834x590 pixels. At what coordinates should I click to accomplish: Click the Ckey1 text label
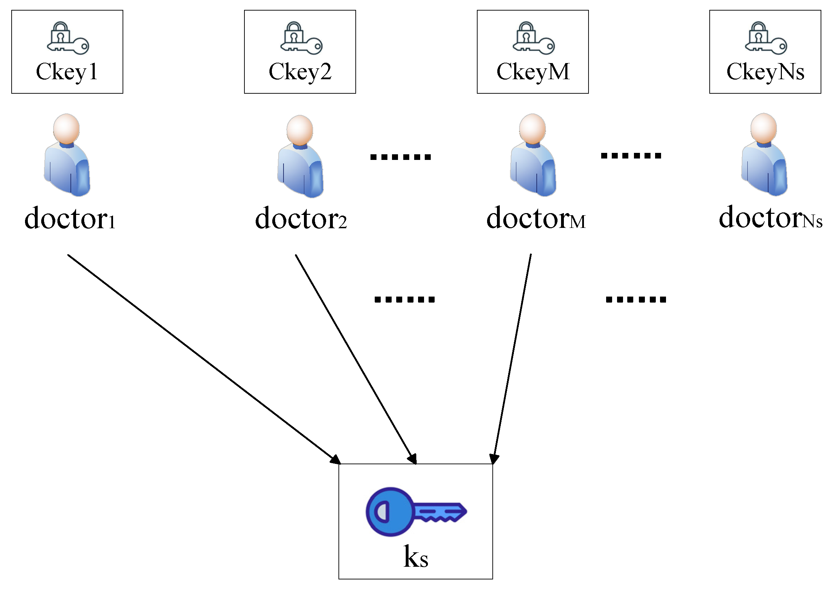[x=67, y=72]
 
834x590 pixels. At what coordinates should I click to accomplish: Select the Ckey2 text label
[x=300, y=72]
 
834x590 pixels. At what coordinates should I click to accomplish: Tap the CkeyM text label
[x=533, y=72]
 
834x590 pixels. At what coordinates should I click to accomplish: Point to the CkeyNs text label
[x=765, y=72]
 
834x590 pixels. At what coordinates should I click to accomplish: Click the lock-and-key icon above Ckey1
[x=68, y=38]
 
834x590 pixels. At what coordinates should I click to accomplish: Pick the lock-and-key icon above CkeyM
[x=534, y=38]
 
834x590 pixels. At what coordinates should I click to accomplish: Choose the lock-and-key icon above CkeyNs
[x=766, y=38]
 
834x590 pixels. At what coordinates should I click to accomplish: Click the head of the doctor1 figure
[x=66, y=129]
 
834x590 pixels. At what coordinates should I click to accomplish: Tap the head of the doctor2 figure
[x=300, y=130]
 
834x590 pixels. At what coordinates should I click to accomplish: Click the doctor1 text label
[x=70, y=218]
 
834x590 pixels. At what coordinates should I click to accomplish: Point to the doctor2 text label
[x=301, y=218]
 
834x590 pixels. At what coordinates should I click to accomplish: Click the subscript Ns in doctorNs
[x=812, y=222]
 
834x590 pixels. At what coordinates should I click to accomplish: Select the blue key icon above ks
[x=416, y=512]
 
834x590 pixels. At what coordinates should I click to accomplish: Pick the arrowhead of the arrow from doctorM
[x=494, y=459]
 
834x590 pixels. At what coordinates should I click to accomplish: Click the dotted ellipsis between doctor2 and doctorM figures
[x=400, y=157]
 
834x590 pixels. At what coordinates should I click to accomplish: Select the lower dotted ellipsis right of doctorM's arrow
[x=636, y=300]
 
